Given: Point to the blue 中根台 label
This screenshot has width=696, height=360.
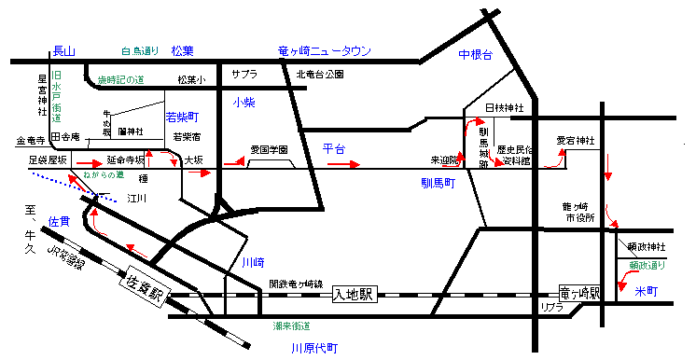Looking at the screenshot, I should tap(475, 57).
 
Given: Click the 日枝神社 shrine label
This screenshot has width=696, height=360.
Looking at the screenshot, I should tap(505, 109).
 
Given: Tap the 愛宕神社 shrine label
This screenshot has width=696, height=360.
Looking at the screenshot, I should tap(574, 141).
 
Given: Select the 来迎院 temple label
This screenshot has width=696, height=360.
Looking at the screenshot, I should tap(445, 160).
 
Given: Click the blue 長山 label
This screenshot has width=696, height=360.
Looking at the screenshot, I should tap(63, 50).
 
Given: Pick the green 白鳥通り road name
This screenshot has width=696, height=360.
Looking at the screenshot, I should tap(140, 50).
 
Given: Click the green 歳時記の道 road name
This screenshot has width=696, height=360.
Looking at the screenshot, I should tap(122, 81).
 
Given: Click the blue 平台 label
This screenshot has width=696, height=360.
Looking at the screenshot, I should tap(334, 148).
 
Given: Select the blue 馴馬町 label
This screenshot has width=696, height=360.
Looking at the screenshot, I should tap(437, 186).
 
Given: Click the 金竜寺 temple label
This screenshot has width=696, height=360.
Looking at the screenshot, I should tap(31, 142).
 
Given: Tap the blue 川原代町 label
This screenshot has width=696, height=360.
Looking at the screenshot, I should tap(313, 348).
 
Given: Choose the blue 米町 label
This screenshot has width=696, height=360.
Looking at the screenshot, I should tap(646, 292).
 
